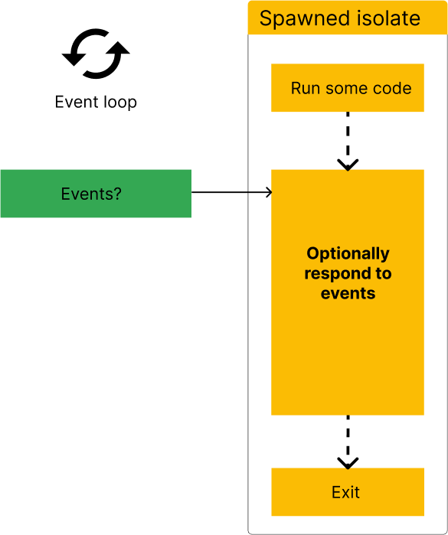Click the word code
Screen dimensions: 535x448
click(x=392, y=88)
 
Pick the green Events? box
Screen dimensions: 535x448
click(x=95, y=194)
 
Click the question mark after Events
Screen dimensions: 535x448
click(x=117, y=194)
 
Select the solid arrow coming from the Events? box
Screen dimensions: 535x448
click(x=259, y=192)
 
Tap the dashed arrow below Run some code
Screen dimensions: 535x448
click(x=348, y=138)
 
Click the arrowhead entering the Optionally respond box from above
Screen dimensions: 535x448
click(x=348, y=165)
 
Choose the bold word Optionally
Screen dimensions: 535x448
click(x=348, y=253)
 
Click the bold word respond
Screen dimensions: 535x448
click(x=337, y=273)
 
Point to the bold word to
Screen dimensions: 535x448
click(x=383, y=273)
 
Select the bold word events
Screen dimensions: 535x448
click(x=348, y=293)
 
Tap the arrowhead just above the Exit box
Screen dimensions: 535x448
click(x=348, y=463)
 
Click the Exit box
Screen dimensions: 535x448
click(x=348, y=492)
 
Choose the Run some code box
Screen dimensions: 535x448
click(x=348, y=88)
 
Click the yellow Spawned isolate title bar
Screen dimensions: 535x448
click(x=347, y=18)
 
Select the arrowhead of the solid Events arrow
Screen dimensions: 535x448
click(x=268, y=192)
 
